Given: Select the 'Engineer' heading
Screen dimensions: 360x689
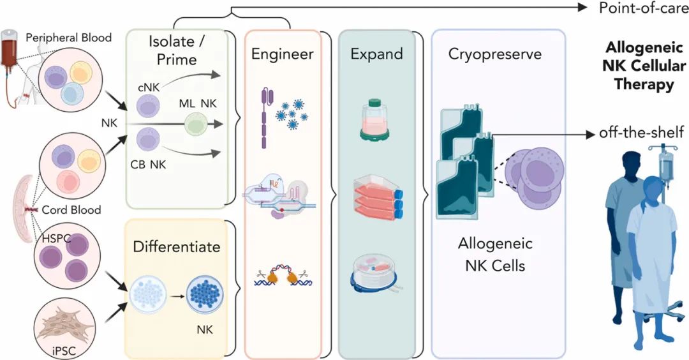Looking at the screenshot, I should (x=282, y=54).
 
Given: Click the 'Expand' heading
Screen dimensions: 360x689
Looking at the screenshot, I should (x=376, y=54).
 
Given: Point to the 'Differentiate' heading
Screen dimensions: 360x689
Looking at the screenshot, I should (x=176, y=245).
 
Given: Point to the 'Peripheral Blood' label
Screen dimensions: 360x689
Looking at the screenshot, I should (x=69, y=38).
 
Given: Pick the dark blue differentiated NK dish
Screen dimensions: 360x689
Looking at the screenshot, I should (x=204, y=297).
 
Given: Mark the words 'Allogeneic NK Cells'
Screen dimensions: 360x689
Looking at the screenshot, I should (x=495, y=255).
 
